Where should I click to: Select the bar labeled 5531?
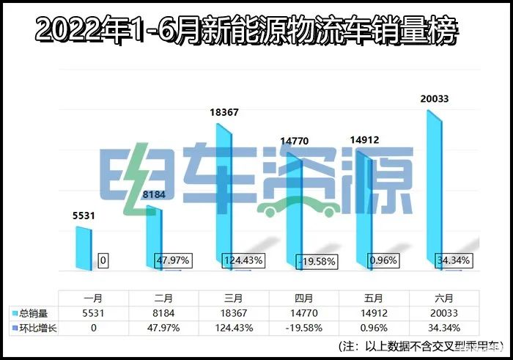click(x=86, y=248)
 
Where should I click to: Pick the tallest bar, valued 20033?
click(x=437, y=191)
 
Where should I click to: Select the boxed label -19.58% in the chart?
click(x=316, y=261)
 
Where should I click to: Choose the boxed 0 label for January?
click(x=103, y=260)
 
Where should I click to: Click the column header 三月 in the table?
click(x=235, y=298)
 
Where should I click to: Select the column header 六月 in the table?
click(x=446, y=298)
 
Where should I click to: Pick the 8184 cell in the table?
click(x=164, y=314)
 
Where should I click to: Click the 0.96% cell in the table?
click(x=375, y=328)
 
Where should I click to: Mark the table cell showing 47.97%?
click(x=164, y=328)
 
